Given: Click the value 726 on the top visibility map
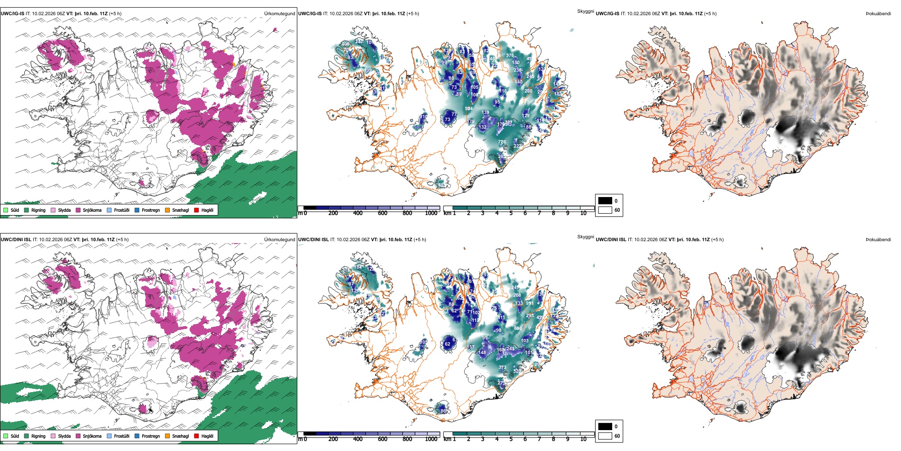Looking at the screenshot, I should click(502, 142).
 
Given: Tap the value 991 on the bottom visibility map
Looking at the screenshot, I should click(530, 303).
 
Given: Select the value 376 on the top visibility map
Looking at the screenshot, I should click(510, 56).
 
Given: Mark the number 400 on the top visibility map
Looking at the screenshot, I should click(346, 44).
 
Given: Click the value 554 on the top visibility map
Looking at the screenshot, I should click(469, 109).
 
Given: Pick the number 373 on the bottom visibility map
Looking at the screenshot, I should click(502, 367).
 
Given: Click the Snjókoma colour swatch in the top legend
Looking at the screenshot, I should click(78, 210).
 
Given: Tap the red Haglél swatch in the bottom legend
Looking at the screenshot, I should click(196, 436).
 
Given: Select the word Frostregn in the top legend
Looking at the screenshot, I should click(151, 210).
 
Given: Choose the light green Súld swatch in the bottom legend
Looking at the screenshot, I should click(6, 436).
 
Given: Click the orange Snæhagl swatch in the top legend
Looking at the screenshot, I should click(167, 210).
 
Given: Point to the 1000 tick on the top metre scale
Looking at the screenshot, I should click(431, 213).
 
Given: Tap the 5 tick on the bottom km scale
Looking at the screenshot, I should click(511, 439).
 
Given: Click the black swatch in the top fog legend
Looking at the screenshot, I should click(605, 201).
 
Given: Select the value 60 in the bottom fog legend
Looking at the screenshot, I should click(617, 436).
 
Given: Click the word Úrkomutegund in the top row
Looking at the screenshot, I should click(279, 14).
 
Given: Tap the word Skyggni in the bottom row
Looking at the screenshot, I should click(585, 237).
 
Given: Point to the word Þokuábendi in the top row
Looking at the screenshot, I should click(878, 14).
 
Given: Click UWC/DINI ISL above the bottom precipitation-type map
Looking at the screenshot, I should click(16, 240).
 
